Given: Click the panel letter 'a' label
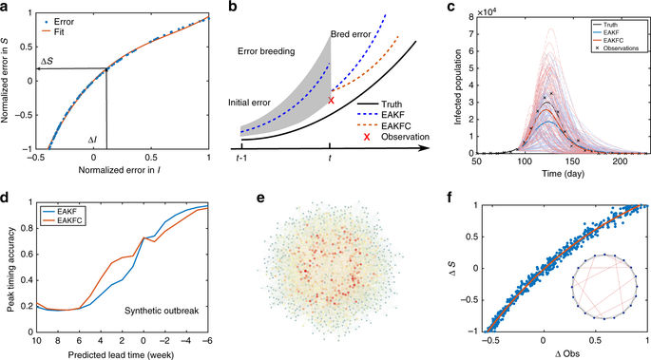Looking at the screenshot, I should (6, 8).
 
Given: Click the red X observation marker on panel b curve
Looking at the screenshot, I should (331, 100).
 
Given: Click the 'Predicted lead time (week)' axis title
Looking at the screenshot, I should (117, 353).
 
